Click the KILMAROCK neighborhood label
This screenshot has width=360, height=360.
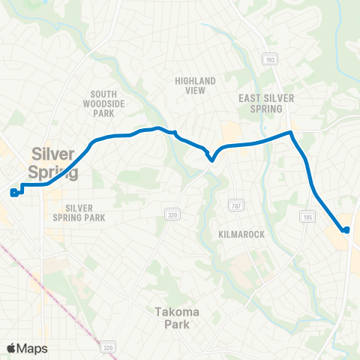coord(241,235)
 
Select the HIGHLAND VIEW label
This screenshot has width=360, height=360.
coord(195,85)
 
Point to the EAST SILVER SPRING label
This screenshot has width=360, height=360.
coord(266,103)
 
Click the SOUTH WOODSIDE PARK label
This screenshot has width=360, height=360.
coord(99,104)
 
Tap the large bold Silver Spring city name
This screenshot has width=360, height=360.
coord(53,163)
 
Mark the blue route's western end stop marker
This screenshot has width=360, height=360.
coord(14,193)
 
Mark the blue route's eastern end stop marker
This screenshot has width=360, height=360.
coord(346,230)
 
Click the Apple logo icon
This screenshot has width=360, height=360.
coord(11,348)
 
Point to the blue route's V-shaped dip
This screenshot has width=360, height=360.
coord(212,158)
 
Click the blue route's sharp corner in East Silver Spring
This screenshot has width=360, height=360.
coord(291,133)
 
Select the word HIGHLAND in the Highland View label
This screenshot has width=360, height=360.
coord(195,81)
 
